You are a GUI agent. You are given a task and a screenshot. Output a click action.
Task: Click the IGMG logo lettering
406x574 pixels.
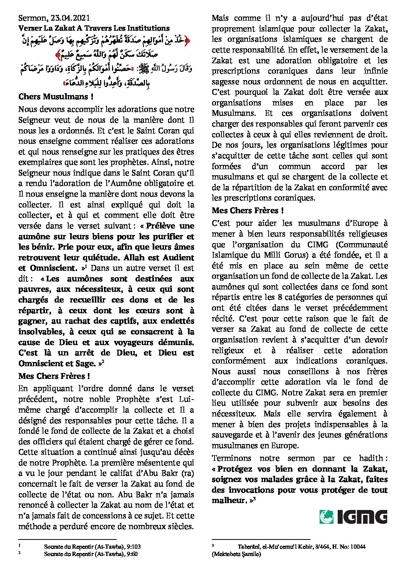362,517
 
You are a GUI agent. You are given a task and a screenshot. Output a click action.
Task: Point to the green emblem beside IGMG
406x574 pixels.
327,517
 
